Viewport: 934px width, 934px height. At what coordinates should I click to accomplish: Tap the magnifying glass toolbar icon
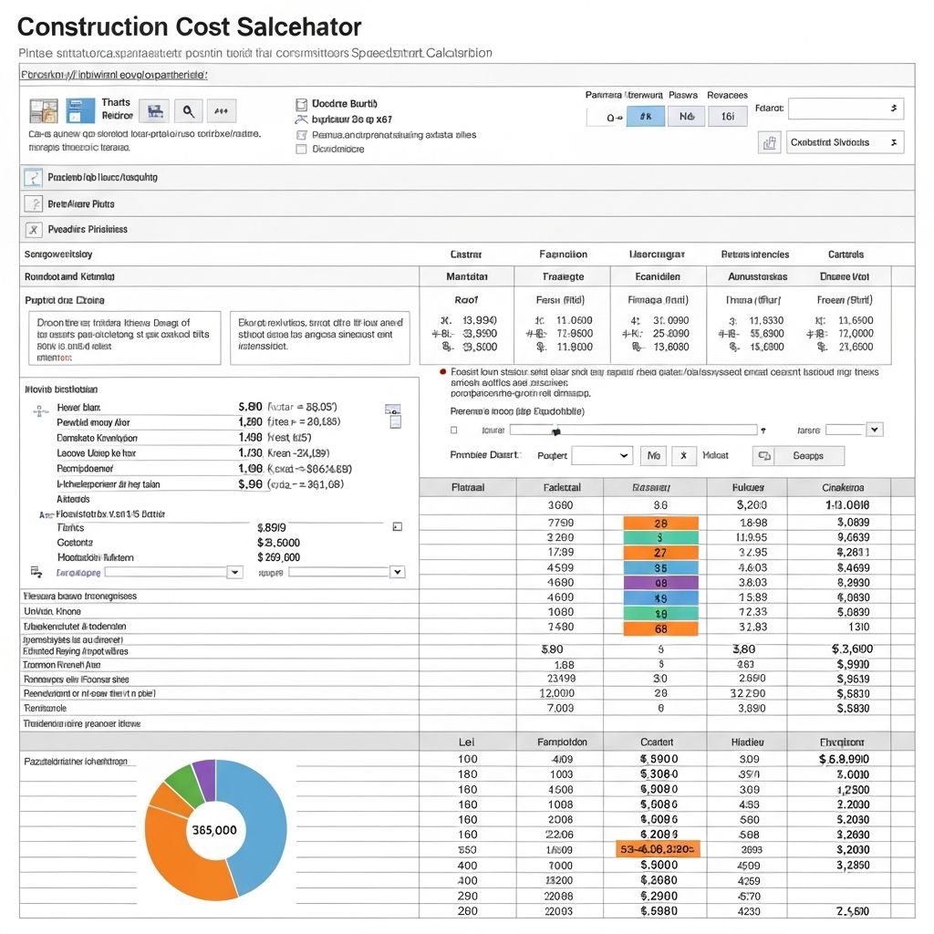188,111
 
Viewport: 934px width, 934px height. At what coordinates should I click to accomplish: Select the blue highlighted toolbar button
645,116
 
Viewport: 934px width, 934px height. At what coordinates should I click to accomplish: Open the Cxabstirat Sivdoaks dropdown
845,142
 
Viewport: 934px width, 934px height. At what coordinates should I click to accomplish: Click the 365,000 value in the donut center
215,830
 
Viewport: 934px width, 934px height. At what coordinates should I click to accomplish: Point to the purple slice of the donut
205,778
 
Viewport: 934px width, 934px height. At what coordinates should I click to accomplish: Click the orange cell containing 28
660,523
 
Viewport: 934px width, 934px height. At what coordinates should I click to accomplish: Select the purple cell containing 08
660,582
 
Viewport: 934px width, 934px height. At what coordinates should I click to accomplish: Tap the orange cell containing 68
660,628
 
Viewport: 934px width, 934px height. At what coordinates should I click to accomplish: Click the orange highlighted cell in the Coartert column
658,849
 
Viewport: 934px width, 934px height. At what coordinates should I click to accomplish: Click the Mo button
653,455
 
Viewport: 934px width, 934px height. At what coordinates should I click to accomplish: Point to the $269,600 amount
279,557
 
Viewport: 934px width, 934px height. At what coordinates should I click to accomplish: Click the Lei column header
467,742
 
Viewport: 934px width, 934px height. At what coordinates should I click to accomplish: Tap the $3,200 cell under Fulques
751,504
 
